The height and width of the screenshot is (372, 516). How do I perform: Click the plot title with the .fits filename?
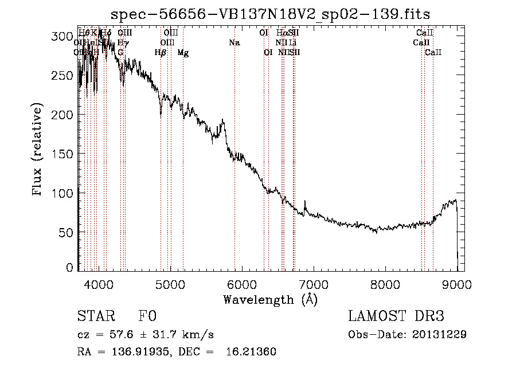coord(271,14)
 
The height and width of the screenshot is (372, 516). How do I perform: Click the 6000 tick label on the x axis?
coord(241,285)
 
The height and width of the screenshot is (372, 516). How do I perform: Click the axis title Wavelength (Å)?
coord(271,300)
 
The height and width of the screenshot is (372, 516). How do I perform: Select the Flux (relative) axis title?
coord(38,150)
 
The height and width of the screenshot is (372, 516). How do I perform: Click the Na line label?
coord(234,43)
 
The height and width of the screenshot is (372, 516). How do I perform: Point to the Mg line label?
coord(183,53)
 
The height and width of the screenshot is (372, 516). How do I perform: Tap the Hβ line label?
coord(161,53)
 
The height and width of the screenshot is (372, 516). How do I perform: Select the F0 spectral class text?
coord(147,317)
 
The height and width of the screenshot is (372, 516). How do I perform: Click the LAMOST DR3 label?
coord(396,316)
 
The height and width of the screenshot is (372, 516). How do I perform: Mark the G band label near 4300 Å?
coord(120,53)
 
